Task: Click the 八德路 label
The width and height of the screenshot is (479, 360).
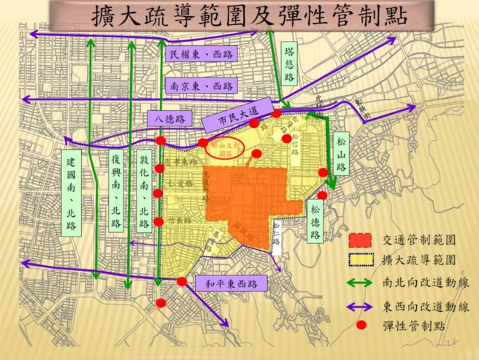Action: (168, 118)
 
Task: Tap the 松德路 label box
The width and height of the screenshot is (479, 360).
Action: (315, 219)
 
